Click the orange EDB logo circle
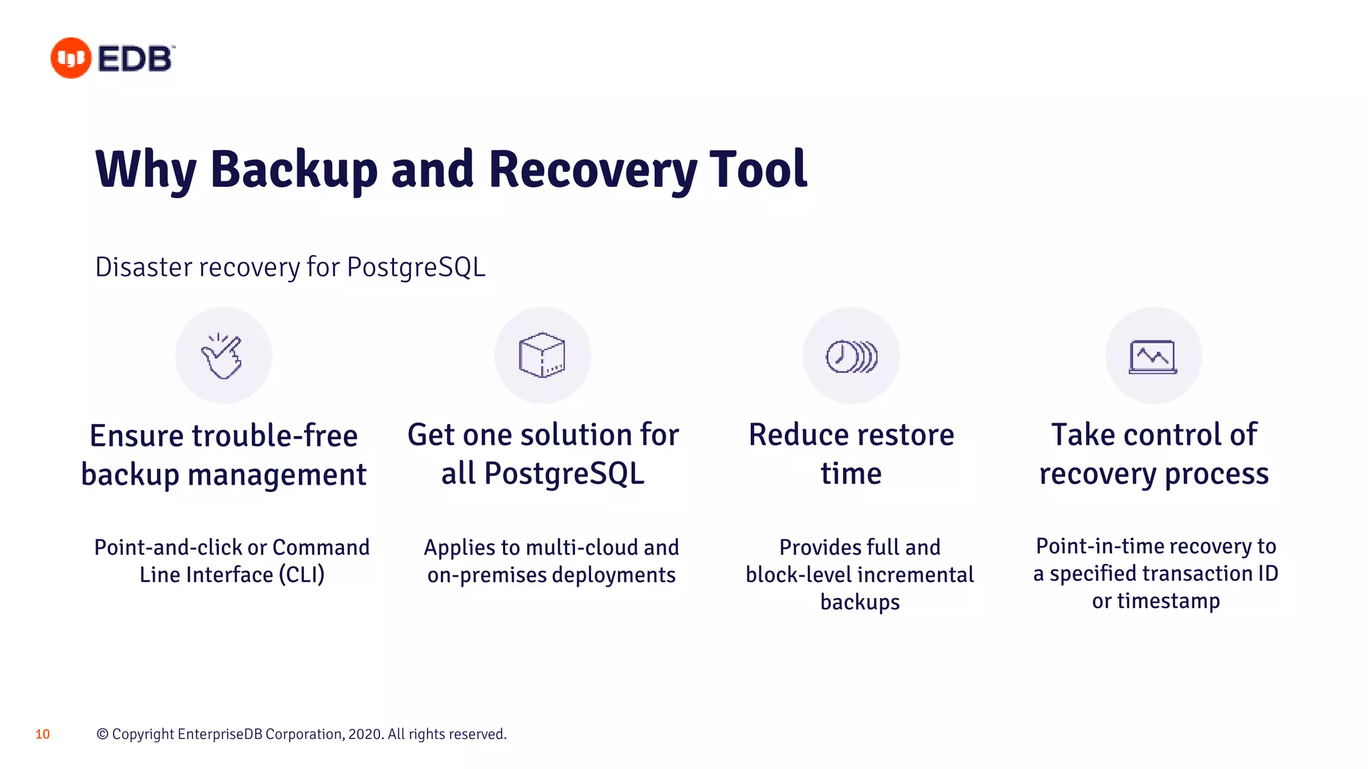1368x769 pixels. [x=71, y=58]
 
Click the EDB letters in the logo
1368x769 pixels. [x=135, y=59]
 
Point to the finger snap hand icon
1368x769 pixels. [x=222, y=356]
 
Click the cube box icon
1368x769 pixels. [x=542, y=355]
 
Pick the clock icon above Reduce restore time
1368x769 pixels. [x=850, y=356]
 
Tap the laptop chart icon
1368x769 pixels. [x=1153, y=356]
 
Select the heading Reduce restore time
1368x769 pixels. [x=851, y=454]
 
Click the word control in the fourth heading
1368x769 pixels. [x=1172, y=435]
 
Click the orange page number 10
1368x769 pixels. [x=42, y=734]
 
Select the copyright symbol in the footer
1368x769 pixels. [x=102, y=734]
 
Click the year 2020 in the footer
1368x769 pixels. [x=365, y=734]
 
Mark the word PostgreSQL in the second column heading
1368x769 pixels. [x=564, y=474]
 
